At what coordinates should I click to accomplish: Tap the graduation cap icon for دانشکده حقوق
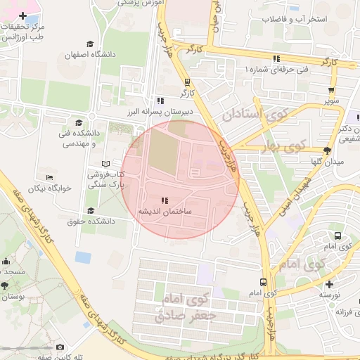point(90,210)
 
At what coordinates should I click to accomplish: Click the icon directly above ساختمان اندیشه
point(165,200)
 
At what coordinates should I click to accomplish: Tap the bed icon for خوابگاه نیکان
point(49,177)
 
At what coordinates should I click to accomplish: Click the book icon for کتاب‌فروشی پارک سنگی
point(106,163)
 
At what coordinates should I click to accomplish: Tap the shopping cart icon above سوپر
point(331,90)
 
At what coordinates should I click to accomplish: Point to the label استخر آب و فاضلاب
point(294,19)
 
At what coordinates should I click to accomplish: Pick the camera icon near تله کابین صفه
point(60,347)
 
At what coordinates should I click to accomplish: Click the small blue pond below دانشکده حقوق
point(83,256)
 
